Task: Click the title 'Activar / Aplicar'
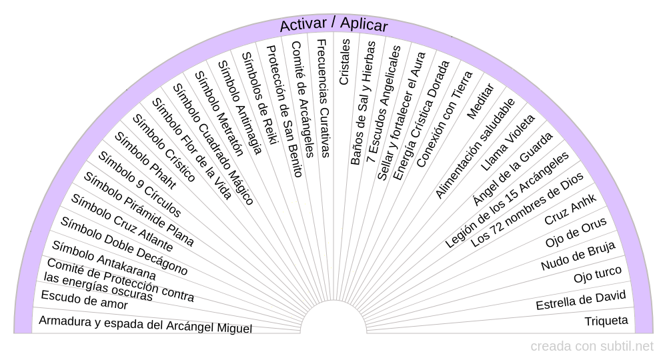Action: [333, 25]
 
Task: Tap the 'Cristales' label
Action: [344, 61]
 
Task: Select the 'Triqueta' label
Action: [606, 321]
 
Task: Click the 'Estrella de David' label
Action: [581, 300]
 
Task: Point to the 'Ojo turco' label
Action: [598, 274]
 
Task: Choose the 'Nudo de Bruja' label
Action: [578, 257]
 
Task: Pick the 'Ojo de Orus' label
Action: [575, 233]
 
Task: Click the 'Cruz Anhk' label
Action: [570, 209]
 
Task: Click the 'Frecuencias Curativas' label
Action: [322, 98]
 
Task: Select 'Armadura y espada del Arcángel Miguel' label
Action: [145, 325]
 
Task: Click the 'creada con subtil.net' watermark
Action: [592, 347]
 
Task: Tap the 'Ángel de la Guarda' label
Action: [512, 169]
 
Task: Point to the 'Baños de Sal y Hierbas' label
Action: [363, 103]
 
